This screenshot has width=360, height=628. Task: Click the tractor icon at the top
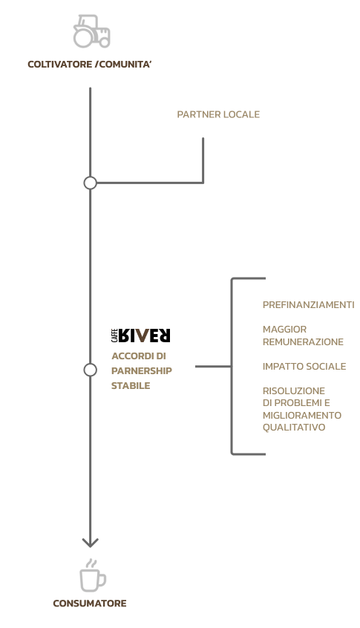[92, 31]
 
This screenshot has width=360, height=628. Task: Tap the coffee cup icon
[93, 576]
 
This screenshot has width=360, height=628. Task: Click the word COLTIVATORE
[60, 65]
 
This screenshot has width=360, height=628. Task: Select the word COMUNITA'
[125, 65]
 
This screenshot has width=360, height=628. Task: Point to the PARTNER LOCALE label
[218, 114]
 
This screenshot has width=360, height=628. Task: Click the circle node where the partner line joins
[90, 183]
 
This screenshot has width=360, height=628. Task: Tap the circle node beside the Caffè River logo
[90, 370]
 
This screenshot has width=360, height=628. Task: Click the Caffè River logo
[140, 336]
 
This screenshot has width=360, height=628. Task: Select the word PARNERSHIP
[141, 371]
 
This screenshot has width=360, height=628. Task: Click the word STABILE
[131, 386]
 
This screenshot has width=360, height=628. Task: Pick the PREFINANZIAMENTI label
[308, 305]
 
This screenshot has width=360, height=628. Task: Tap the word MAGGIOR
[284, 330]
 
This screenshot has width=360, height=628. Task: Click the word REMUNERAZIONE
[303, 341]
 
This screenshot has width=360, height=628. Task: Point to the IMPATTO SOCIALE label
[304, 367]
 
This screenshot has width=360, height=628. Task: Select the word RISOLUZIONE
[293, 391]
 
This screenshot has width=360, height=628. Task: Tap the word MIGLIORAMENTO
[302, 416]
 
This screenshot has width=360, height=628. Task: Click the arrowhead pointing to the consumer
[90, 543]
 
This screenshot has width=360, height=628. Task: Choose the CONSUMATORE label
[90, 604]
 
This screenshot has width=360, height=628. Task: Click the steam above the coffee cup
[92, 564]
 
